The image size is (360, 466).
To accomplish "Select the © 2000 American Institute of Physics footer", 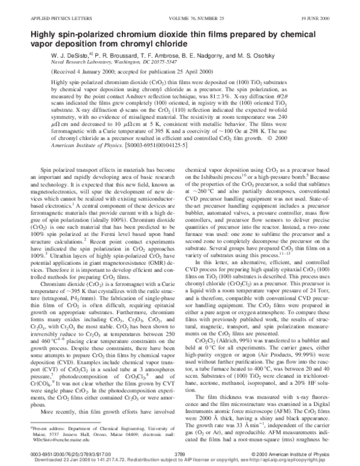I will coord(307,455).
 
